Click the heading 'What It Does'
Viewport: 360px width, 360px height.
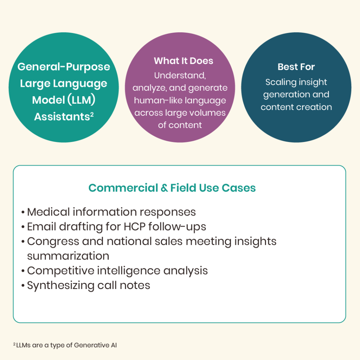(184, 61)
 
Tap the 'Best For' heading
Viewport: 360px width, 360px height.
(296, 67)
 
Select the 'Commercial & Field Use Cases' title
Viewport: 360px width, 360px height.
(172, 188)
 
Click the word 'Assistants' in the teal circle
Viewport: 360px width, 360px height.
(62, 117)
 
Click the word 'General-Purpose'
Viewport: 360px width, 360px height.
(64, 67)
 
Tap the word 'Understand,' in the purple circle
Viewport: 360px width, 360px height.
(179, 75)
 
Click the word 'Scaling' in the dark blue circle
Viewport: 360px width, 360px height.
(279, 82)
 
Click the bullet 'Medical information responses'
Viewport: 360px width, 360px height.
(111, 212)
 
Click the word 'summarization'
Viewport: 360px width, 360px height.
(68, 256)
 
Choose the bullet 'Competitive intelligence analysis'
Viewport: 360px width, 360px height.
(117, 271)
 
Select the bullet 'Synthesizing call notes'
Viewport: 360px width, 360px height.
(88, 285)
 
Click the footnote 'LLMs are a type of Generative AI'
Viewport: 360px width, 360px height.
(66, 345)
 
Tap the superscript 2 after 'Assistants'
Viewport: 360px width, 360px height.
(92, 114)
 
